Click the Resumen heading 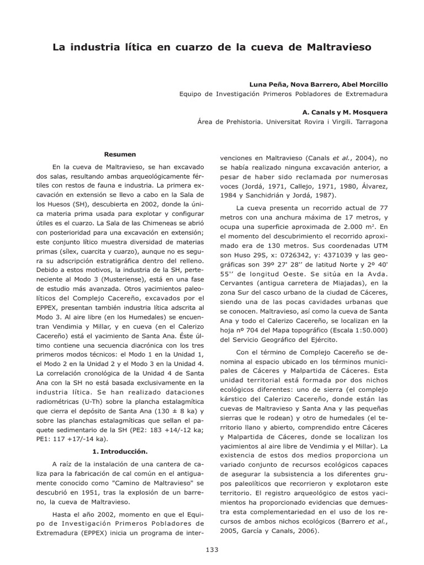tap(120, 154)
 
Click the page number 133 tap(212, 550)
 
